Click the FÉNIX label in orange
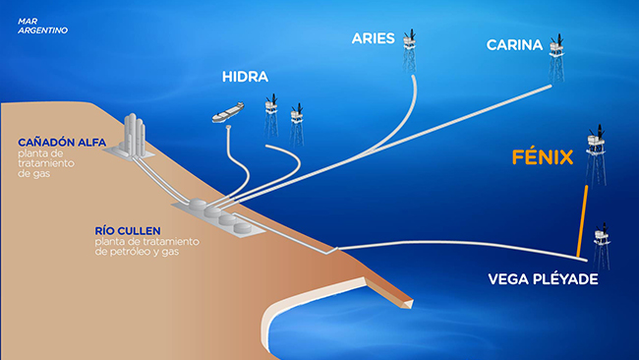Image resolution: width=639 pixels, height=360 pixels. coord(543,157)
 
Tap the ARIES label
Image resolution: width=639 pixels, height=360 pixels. coord(373,39)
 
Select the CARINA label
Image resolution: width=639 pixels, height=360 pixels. coord(514,44)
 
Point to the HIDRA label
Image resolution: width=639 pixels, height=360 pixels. coord(245,77)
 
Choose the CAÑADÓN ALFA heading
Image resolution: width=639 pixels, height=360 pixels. coord(55,142)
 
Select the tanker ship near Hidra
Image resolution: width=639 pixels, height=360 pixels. coord(227,113)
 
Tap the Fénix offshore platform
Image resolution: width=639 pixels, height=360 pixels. coord(596,152)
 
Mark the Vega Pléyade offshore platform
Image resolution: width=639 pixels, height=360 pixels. coord(601,246)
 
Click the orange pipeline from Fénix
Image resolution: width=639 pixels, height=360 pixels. coord(583,220)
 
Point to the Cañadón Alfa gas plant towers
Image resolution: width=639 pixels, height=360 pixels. coord(135,133)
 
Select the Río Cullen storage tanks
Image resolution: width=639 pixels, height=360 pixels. coord(221,215)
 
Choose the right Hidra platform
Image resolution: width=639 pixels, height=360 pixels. coord(295,121)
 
